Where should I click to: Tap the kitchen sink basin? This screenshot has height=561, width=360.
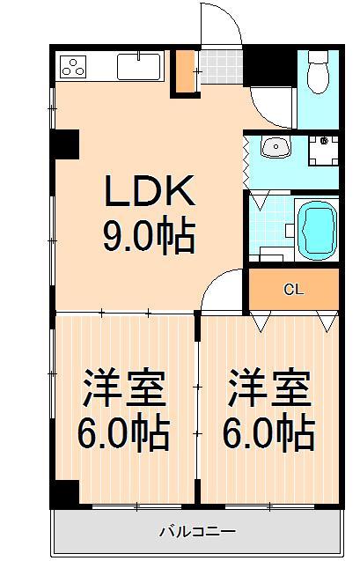[x=139, y=67]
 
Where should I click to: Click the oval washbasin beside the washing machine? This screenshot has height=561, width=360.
[x=276, y=148]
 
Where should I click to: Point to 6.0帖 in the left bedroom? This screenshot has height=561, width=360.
[x=125, y=433]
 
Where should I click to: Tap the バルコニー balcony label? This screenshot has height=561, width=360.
[x=196, y=532]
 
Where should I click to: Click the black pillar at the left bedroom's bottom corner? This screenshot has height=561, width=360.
[x=66, y=493]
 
